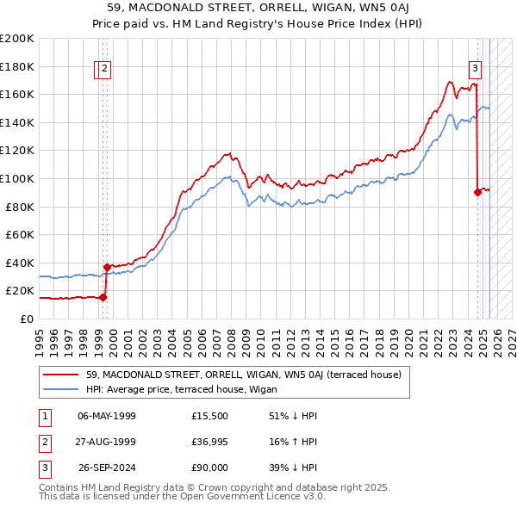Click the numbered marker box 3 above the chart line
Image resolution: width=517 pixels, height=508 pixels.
(x=475, y=70)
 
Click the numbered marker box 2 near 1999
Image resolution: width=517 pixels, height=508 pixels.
(x=104, y=70)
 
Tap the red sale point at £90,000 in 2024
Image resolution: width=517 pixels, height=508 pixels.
(x=477, y=193)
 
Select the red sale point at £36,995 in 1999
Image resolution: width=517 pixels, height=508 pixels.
(x=107, y=267)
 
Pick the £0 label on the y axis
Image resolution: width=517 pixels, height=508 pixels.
(x=26, y=319)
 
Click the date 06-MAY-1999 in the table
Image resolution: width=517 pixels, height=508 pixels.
(x=106, y=416)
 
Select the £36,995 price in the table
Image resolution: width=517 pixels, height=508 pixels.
(x=210, y=443)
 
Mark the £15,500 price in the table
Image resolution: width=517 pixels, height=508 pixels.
(x=210, y=416)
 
